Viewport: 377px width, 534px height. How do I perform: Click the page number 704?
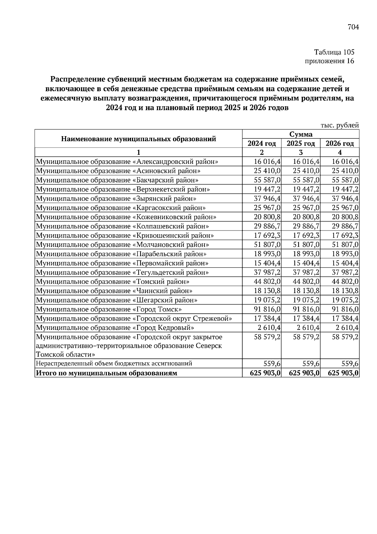click(353, 27)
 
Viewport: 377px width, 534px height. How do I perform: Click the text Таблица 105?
click(334, 52)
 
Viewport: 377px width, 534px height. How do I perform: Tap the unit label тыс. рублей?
click(340, 125)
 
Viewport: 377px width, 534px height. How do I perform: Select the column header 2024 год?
click(262, 144)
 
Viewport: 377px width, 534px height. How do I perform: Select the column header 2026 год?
click(340, 144)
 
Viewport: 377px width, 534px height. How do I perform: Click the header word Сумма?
click(301, 134)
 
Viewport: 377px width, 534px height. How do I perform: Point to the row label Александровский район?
click(127, 162)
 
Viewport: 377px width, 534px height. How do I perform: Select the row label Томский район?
click(113, 282)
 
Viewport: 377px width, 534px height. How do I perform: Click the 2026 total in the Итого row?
click(343, 373)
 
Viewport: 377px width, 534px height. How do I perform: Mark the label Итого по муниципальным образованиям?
click(107, 373)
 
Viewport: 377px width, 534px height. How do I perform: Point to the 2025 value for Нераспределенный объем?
click(311, 364)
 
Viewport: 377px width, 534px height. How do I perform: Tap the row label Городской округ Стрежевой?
click(134, 319)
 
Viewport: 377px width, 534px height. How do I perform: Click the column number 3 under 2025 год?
click(301, 153)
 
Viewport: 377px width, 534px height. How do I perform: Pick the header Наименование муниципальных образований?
click(139, 139)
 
